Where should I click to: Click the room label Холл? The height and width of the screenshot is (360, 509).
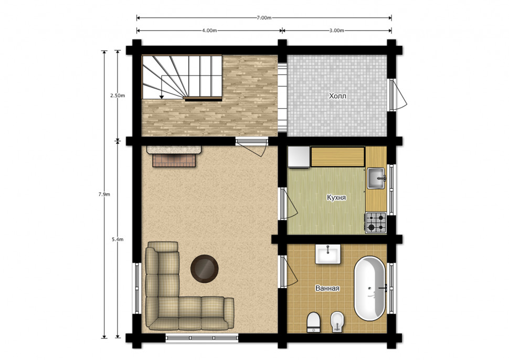[337, 96]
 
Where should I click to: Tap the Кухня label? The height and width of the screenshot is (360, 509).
[336, 198]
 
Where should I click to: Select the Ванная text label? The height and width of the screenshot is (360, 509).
[327, 288]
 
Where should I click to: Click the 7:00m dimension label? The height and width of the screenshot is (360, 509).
[264, 17]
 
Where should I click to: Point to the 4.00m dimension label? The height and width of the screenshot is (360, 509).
[209, 30]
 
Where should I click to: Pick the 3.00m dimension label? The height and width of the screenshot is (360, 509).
[337, 30]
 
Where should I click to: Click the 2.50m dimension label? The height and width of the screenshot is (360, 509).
[118, 96]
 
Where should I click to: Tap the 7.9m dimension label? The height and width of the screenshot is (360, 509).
[104, 195]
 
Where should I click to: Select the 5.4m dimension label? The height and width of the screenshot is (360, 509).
[118, 240]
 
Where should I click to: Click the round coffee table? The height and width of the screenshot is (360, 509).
[205, 269]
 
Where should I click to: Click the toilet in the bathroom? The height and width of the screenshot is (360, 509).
[314, 322]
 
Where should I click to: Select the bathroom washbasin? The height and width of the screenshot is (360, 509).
[328, 254]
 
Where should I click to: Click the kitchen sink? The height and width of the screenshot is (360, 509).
[376, 178]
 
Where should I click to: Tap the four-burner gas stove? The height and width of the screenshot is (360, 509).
[376, 223]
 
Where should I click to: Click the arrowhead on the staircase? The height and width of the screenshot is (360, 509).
[161, 97]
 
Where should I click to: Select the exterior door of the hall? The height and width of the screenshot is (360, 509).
[397, 95]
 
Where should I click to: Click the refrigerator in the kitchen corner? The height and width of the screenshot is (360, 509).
[299, 157]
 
